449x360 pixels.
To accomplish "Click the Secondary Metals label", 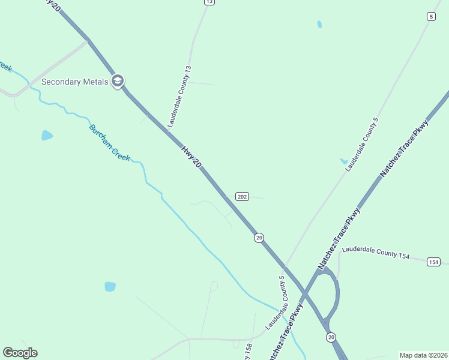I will pos(74,82).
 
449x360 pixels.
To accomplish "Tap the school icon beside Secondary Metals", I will pos(118,81).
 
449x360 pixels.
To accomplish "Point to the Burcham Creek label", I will pos(109,143).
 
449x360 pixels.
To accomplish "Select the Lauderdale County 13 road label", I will pos(179,97).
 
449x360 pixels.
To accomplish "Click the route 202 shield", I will pos(242,197).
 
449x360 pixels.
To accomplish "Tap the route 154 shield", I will pos(434,262).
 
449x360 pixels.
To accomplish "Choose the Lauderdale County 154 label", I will pos(375,252).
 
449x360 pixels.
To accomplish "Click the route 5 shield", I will pos(431,16).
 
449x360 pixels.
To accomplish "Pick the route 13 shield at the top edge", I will pos(208,2).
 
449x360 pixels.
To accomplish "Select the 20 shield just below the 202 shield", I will pos(259,238).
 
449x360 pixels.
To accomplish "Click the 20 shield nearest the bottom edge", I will pos(331,338).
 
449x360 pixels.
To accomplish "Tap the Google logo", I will pos(20,353).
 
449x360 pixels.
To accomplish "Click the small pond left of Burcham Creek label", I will pos(47,136).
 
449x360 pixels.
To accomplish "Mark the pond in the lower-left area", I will pos(110,286).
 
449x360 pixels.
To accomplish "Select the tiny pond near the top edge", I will pos(319,25).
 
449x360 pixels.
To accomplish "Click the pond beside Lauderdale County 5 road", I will pos(343,161).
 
